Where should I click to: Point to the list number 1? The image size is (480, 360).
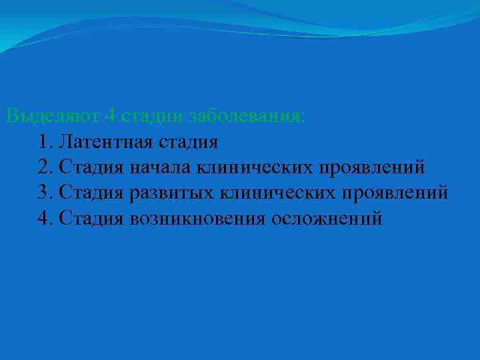[45, 141]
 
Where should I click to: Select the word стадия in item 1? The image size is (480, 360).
[187, 141]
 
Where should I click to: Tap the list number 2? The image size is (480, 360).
[45, 167]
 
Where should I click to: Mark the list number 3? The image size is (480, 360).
[45, 193]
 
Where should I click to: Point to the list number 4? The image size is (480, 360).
[45, 218]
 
